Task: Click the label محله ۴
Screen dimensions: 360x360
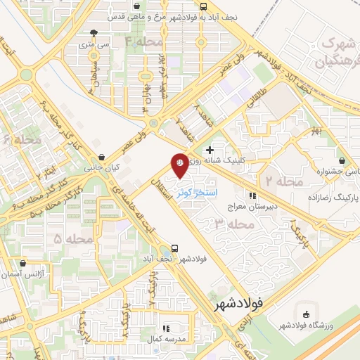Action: [139, 43]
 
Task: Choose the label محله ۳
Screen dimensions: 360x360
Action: [233, 224]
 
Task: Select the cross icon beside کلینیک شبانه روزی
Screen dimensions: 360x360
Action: [210, 150]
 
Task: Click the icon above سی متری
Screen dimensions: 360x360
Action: [94, 32]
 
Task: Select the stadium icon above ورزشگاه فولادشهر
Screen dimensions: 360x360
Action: [304, 313]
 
